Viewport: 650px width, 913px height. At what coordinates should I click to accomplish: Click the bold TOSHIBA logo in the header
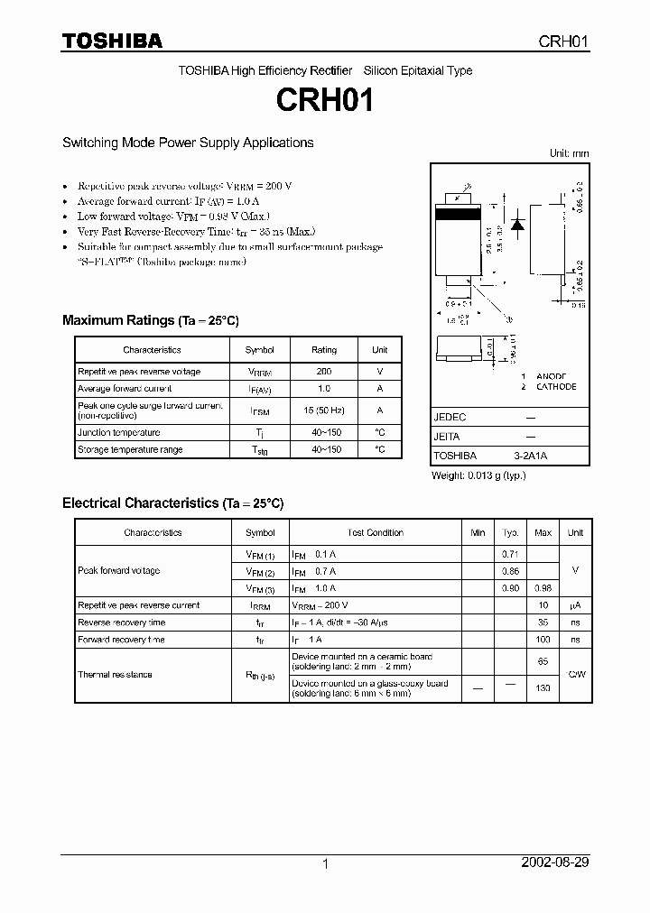(112, 41)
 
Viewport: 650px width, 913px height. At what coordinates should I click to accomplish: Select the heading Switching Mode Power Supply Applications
(188, 143)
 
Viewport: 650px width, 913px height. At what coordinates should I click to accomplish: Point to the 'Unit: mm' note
(569, 153)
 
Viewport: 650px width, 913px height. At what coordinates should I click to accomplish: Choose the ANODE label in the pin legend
(550, 376)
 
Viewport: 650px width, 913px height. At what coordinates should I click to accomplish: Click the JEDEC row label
(450, 418)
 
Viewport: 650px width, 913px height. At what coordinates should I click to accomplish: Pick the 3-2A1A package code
(530, 456)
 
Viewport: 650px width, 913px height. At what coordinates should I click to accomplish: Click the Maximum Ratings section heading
(150, 320)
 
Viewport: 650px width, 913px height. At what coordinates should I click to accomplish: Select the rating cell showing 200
(324, 372)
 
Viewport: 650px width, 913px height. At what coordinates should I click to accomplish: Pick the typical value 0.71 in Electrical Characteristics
(510, 554)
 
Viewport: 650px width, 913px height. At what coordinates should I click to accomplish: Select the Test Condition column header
(376, 533)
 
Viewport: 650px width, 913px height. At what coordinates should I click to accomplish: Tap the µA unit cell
(575, 605)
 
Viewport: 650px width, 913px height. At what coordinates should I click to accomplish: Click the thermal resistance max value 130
(543, 688)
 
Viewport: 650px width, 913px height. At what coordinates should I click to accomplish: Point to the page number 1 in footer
(325, 863)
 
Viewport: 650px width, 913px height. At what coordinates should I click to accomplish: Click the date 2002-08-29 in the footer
(555, 862)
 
